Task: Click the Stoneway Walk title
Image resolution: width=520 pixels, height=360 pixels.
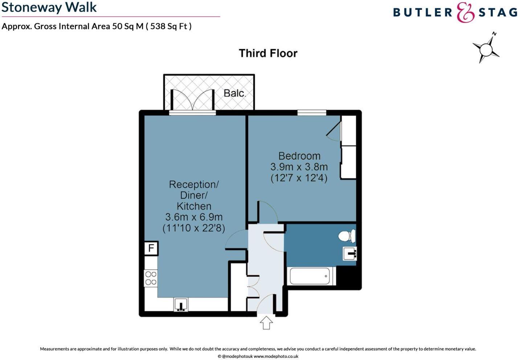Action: pos(49,8)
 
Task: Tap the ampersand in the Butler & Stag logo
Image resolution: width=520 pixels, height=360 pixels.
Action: pos(465,13)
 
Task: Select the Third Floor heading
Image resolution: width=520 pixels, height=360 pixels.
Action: pos(268,53)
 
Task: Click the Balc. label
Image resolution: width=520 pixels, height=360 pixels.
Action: pos(234,93)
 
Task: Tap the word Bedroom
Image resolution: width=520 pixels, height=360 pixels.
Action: pos(299,156)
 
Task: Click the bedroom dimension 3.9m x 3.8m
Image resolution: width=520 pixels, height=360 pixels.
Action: pos(299,167)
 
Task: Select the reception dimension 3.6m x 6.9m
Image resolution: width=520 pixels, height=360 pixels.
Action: pos(194,217)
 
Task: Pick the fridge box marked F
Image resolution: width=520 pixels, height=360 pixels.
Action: pos(151,248)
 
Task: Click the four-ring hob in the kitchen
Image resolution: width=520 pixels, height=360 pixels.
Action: pos(151,278)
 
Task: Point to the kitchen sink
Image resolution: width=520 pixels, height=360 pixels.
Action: pos(181,305)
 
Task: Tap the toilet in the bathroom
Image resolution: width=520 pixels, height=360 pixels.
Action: pos(347,236)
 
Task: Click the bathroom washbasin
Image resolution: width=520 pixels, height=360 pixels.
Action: pos(350,253)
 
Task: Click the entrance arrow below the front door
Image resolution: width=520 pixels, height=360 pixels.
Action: pos(266,322)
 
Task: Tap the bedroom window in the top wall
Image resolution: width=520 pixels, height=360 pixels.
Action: pos(312,112)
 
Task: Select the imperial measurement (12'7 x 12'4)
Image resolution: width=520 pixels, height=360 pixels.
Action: pos(299,178)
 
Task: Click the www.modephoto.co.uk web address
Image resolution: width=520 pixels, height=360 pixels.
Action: pos(276,356)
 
